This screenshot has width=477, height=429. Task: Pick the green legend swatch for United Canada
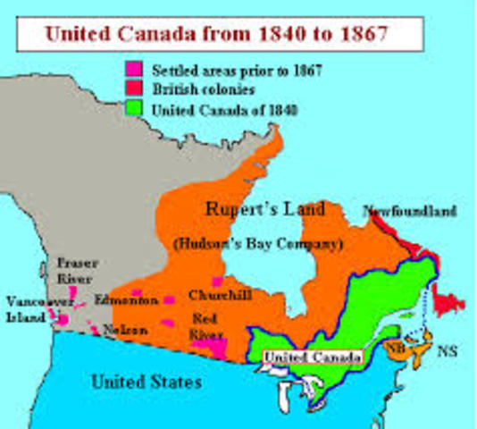[x=134, y=110]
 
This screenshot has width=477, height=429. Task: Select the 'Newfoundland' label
[x=411, y=212]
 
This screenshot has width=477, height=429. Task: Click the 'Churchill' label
[x=213, y=294]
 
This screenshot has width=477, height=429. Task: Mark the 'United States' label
[x=146, y=383]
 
